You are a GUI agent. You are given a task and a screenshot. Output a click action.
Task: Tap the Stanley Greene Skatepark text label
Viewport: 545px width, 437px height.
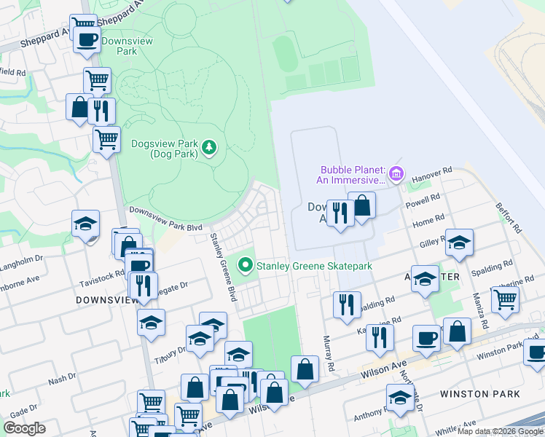pos(314,266)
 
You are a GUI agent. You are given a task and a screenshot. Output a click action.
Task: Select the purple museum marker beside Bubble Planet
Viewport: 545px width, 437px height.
pos(396,173)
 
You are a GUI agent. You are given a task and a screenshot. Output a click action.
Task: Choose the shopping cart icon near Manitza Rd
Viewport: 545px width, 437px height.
pos(505,299)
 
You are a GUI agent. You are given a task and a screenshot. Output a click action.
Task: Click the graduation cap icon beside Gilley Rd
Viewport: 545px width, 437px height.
pos(459,243)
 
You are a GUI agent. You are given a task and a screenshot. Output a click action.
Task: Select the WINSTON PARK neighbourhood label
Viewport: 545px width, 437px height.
pos(480,394)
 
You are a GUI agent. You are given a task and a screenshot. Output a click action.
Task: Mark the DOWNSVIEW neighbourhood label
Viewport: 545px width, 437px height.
pos(102,299)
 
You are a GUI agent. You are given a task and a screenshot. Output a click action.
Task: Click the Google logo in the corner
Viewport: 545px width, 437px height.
pos(23,428)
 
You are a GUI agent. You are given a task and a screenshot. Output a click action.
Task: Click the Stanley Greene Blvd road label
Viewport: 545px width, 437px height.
pos(223,267)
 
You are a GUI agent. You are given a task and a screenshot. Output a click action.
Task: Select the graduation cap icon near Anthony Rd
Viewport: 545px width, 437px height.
pos(400,398)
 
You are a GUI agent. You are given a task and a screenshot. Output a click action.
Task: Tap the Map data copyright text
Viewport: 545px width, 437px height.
pos(500,431)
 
